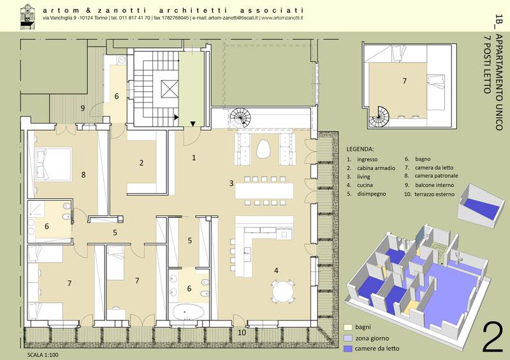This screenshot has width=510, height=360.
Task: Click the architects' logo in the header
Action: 28,17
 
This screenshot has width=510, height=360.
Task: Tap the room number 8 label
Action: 84,175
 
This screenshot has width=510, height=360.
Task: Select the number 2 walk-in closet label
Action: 142,162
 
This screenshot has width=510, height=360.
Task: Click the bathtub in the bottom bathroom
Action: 188,311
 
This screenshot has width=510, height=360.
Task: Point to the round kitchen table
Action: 283,291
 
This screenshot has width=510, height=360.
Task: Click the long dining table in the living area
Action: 264,191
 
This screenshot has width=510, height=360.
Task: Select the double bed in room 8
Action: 53,164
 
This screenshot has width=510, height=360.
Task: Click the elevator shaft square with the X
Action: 170,89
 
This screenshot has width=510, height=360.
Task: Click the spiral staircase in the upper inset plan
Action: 379,117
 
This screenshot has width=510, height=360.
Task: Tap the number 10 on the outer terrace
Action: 242,333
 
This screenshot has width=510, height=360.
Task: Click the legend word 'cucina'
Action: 365,185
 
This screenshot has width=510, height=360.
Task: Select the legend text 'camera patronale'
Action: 436,176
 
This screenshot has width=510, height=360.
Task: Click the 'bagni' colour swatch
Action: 348,327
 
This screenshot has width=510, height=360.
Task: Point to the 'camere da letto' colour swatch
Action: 348,349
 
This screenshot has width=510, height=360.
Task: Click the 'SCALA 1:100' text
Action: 43,355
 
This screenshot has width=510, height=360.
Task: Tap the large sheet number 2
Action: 492,337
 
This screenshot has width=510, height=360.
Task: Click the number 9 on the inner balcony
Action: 83,108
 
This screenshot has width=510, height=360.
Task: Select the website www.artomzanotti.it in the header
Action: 282,18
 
